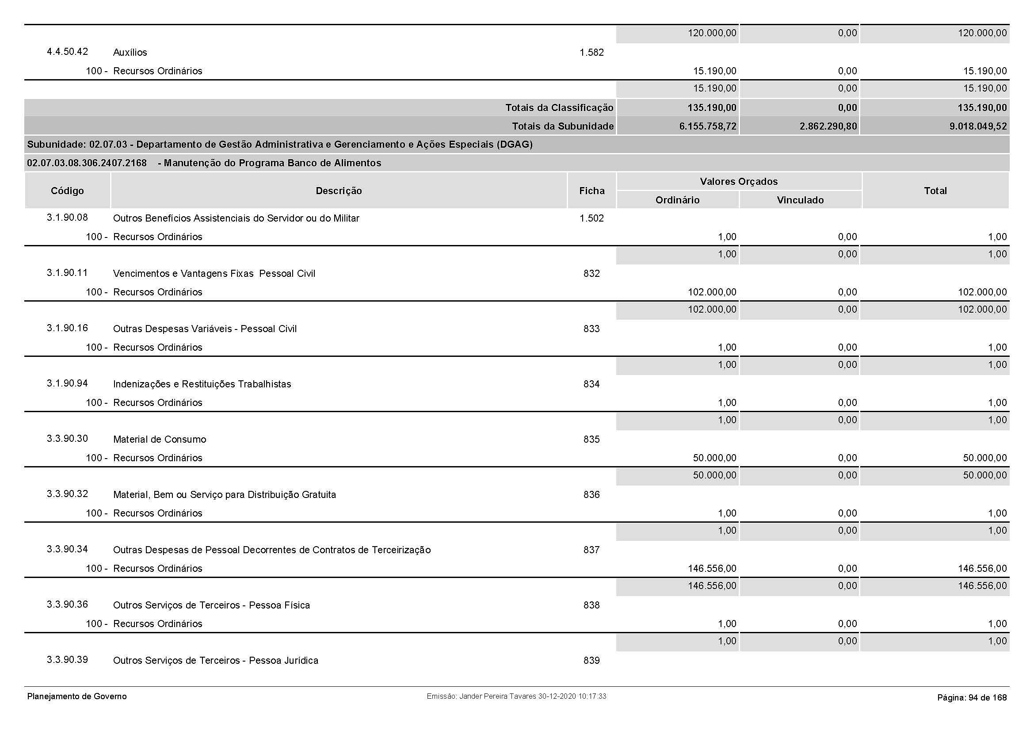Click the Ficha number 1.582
591,52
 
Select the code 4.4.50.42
67,51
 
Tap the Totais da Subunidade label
562,126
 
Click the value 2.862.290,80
828,126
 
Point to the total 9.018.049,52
978,126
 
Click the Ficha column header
592,191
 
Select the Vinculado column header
800,200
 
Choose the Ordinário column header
677,200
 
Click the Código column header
67,191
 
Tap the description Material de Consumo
160,439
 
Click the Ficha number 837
591,550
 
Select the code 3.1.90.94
67,383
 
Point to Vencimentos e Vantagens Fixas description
214,273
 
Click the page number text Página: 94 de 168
972,698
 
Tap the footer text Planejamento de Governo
77,697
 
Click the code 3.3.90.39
67,660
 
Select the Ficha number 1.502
591,218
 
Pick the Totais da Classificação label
559,107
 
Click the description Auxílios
130,52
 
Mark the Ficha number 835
591,439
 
